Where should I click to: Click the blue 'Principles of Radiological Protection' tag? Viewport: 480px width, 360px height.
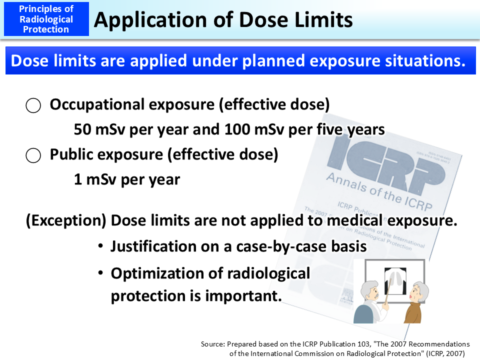pyautogui.click(x=46, y=19)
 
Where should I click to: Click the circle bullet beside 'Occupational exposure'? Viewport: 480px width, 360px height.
pyautogui.click(x=33, y=105)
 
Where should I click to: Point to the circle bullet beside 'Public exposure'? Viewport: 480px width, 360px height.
pyautogui.click(x=33, y=155)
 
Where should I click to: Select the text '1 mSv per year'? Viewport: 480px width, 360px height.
pyautogui.click(x=126, y=179)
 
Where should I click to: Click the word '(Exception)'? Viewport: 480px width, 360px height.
pyautogui.click(x=66, y=220)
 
